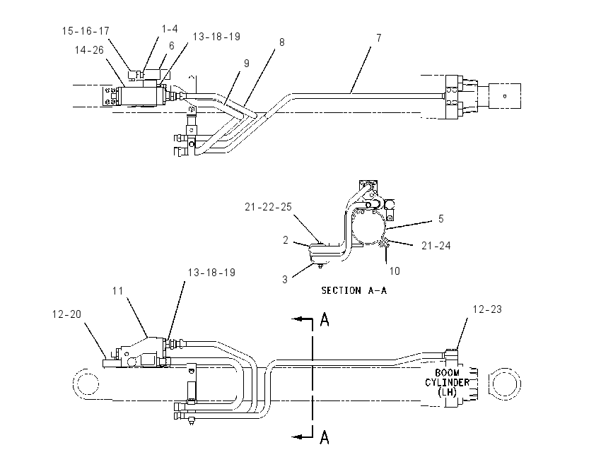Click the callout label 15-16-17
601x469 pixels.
point(86,31)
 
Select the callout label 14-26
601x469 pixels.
point(89,50)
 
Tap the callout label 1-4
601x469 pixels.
point(170,29)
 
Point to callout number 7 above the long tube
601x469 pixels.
point(379,38)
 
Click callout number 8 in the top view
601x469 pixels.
point(282,42)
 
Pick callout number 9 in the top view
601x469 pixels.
point(247,64)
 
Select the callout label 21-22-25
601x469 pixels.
point(268,207)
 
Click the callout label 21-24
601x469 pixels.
point(436,246)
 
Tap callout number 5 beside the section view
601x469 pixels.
point(441,219)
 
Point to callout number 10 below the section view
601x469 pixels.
point(395,271)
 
